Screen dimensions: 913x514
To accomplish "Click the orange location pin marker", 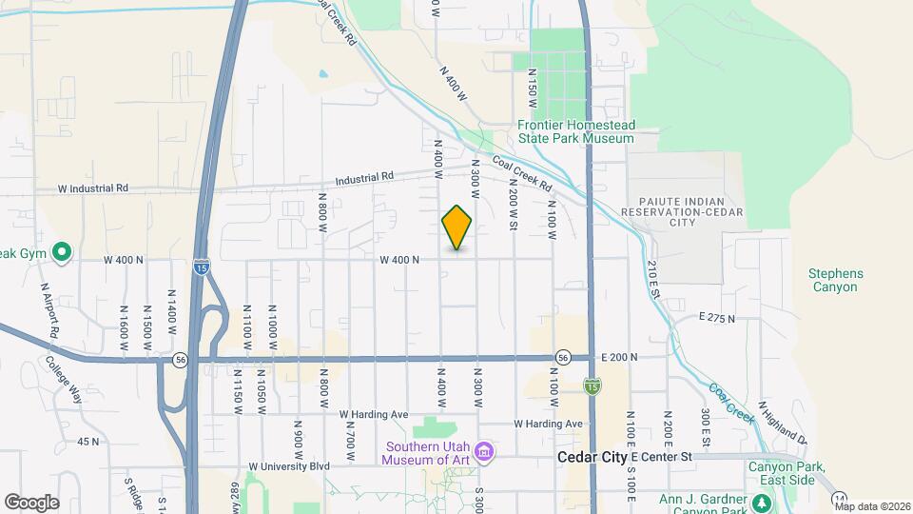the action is [456, 227].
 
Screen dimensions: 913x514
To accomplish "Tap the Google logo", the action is [31, 502].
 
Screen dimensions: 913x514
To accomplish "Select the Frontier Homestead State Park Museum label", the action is [575, 131].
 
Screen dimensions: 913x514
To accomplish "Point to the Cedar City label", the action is [592, 458].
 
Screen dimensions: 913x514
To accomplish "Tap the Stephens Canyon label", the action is [836, 280].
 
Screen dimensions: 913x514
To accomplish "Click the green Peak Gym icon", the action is [62, 252].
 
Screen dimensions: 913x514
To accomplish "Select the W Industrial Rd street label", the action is [92, 188].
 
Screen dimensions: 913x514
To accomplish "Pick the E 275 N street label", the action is [716, 317].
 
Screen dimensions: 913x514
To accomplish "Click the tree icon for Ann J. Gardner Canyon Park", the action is [762, 502].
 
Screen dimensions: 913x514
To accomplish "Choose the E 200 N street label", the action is [619, 356].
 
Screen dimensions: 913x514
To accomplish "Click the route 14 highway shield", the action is [839, 498].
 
